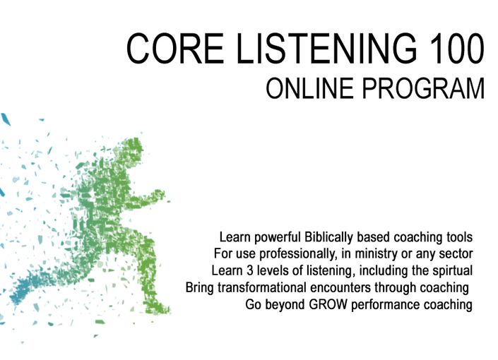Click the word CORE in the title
click(175, 48)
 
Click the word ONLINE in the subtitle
click(309, 88)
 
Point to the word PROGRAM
click(423, 88)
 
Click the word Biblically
click(329, 237)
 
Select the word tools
click(460, 237)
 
